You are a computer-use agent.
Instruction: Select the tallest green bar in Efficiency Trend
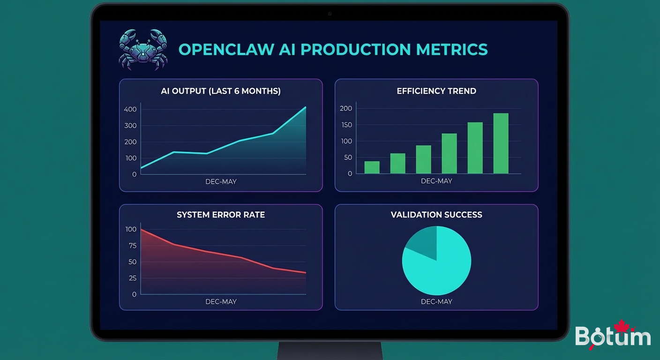[501, 143]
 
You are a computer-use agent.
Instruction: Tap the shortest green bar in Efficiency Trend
[372, 167]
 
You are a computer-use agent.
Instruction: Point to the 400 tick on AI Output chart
[130, 109]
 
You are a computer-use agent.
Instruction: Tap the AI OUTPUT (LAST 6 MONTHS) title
[221, 91]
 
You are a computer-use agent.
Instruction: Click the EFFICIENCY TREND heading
[436, 91]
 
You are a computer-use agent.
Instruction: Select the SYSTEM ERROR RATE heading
[221, 215]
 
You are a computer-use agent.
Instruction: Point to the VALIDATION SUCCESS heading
[436, 215]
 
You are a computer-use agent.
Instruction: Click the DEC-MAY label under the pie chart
[436, 301]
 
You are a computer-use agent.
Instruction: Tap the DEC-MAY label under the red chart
[221, 301]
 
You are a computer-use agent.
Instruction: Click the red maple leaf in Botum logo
[621, 327]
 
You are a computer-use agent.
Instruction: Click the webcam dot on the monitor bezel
[330, 14]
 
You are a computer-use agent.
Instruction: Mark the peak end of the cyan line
[306, 107]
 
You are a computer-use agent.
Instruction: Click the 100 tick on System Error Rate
[131, 229]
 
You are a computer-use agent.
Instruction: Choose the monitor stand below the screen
[330, 350]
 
